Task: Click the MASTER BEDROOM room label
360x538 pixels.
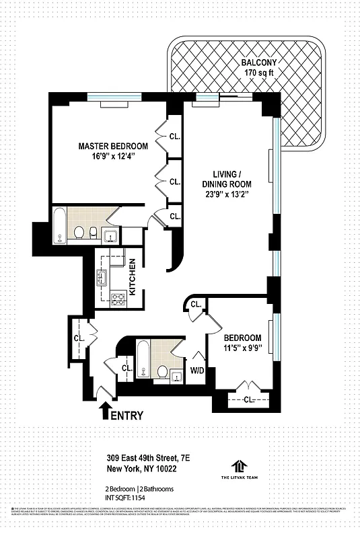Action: click(x=113, y=146)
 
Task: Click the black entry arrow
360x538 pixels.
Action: click(x=105, y=410)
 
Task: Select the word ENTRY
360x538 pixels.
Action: click(x=127, y=415)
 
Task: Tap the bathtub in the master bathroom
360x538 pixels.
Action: click(x=60, y=227)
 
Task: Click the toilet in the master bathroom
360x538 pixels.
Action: click(x=79, y=233)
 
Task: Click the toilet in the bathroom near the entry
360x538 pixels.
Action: click(x=162, y=371)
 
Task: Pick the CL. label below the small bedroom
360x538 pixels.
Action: click(x=248, y=399)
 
